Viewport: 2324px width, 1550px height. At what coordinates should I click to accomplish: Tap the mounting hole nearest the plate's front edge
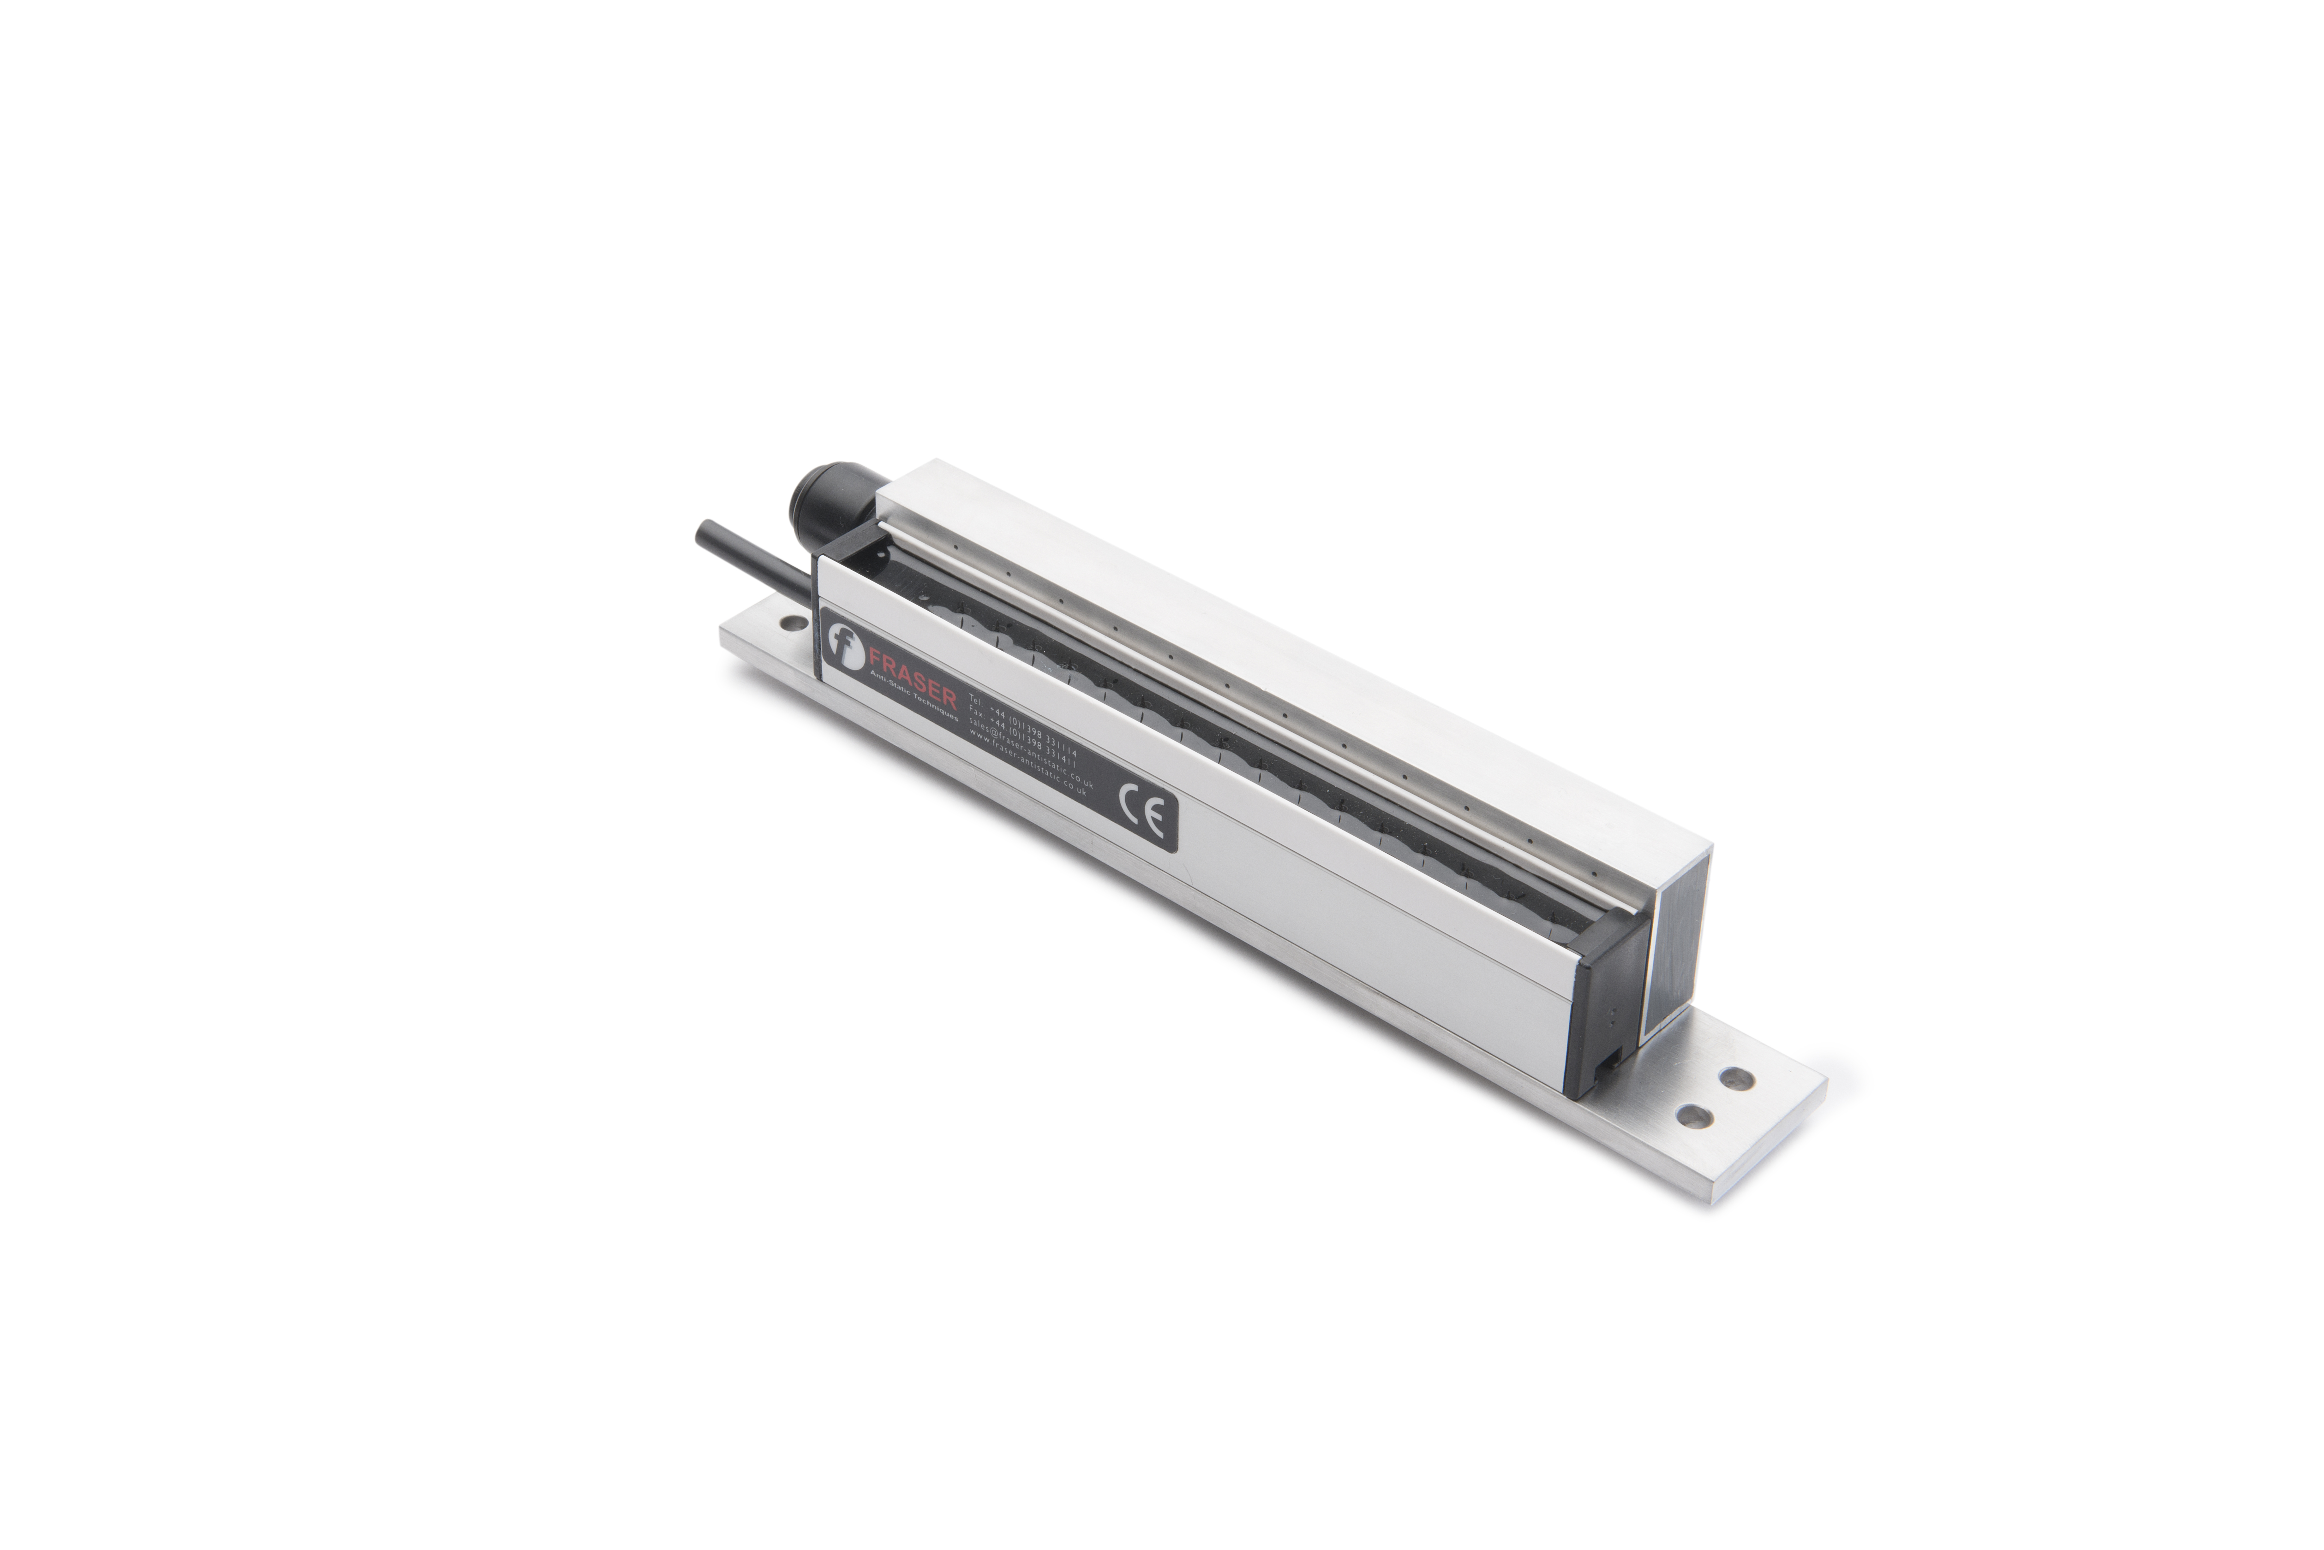click(1695, 1116)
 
